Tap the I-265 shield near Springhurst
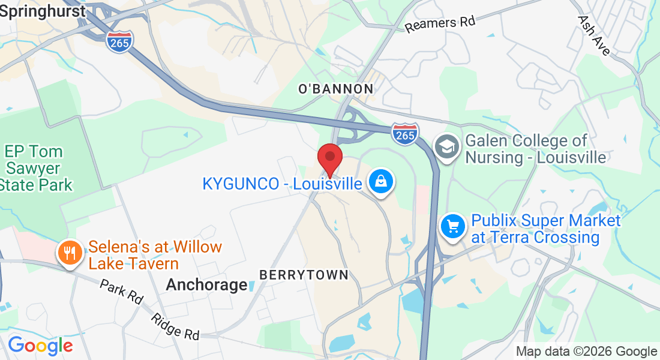[119, 41]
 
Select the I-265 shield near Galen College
[405, 133]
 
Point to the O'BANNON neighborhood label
[335, 89]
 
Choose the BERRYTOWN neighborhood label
[304, 275]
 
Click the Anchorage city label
[206, 284]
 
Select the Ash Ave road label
[594, 35]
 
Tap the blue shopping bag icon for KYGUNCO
[380, 181]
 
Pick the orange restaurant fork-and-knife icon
[70, 253]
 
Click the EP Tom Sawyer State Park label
[36, 168]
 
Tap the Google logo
[40, 346]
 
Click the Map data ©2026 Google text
[586, 352]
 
